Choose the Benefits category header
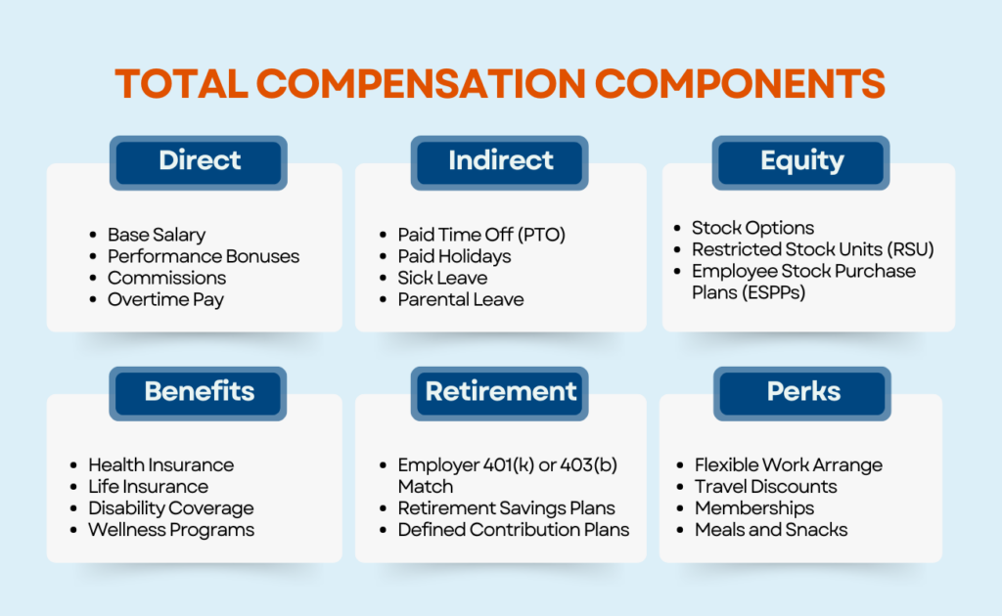[x=199, y=393]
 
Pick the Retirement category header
[x=500, y=393]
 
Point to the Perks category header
[x=802, y=393]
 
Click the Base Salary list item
[x=157, y=235]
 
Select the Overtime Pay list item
[x=165, y=299]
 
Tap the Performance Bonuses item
[x=204, y=256]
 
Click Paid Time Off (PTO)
[x=481, y=235]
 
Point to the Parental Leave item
[x=460, y=299]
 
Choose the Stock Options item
[x=752, y=228]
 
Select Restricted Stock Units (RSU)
[x=812, y=249]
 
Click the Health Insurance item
[x=160, y=464]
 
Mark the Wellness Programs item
[x=171, y=529]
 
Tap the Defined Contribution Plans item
[x=513, y=529]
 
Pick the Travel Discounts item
[x=765, y=486]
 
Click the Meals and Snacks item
[x=771, y=529]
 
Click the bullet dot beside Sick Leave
[x=383, y=279]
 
